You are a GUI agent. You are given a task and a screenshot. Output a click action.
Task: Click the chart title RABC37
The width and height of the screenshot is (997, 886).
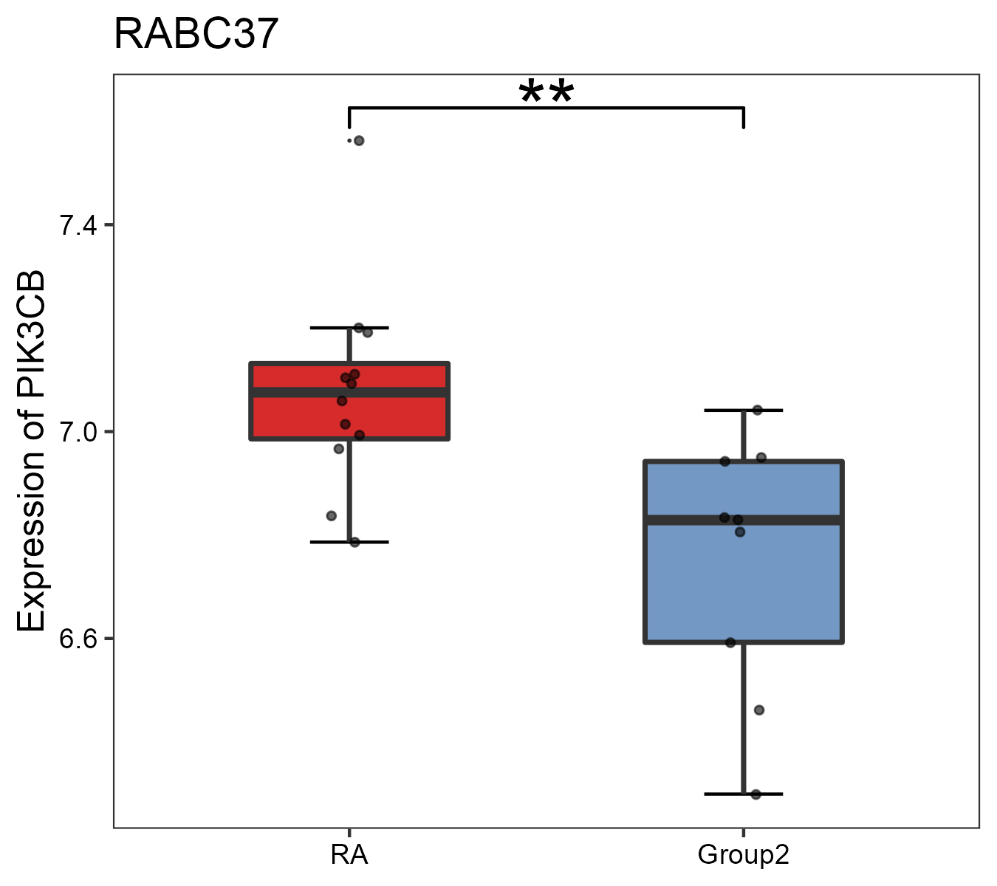(196, 34)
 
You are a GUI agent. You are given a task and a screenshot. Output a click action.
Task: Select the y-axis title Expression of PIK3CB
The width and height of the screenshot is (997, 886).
(31, 450)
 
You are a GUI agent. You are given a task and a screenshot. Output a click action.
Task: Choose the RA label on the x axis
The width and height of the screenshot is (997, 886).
(349, 855)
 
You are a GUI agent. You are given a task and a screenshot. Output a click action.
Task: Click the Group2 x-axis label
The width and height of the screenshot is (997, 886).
(743, 855)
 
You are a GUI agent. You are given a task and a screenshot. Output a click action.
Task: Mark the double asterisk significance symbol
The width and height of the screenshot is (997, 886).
(546, 95)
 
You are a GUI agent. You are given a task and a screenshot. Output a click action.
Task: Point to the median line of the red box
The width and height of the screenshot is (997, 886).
(399, 392)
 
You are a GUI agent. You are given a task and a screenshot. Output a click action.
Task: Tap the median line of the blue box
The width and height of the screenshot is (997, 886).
(790, 521)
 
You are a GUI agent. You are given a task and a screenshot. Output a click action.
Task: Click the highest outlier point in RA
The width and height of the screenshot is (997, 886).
(359, 140)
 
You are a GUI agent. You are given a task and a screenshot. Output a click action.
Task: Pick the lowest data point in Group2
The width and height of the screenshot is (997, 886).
(756, 794)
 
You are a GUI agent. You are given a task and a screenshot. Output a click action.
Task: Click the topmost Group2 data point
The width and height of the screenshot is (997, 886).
(757, 410)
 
